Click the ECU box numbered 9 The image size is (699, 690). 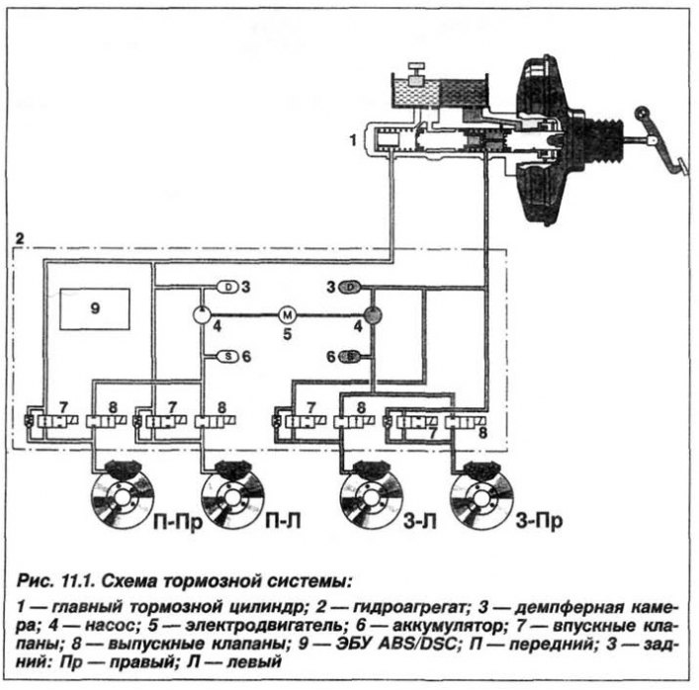(95, 308)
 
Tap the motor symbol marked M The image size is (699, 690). (287, 315)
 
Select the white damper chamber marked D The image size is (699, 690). (228, 287)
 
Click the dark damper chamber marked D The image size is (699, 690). (350, 287)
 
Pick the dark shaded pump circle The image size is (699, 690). (373, 314)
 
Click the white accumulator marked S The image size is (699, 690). (228, 356)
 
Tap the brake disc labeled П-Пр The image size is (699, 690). (123, 496)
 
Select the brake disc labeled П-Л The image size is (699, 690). (232, 496)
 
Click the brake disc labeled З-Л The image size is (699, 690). (371, 496)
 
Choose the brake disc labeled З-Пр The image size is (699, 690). (481, 496)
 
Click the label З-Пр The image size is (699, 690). (539, 520)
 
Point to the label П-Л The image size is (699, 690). (283, 520)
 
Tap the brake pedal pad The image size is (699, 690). (681, 166)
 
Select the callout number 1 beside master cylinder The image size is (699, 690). (353, 140)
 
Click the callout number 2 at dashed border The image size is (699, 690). (20, 238)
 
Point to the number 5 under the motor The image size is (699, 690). (288, 333)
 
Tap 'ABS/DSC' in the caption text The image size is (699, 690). (418, 645)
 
